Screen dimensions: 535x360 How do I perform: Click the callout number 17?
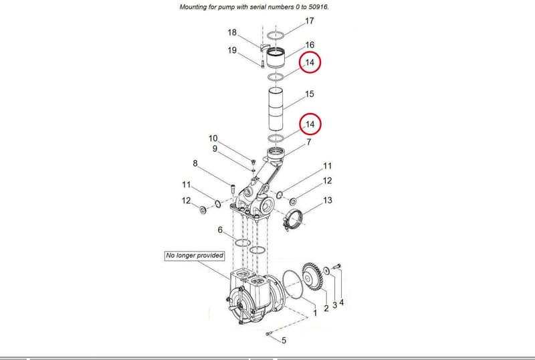pyautogui.click(x=309, y=21)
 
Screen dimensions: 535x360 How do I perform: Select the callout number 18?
pyautogui.click(x=232, y=32)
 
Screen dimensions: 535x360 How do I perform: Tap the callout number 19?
pyautogui.click(x=232, y=50)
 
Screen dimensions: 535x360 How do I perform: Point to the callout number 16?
pyautogui.click(x=310, y=45)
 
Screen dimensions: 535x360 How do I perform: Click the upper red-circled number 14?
pyautogui.click(x=310, y=62)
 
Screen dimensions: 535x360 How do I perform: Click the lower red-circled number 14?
pyautogui.click(x=310, y=124)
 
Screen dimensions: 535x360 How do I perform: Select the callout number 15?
pyautogui.click(x=309, y=94)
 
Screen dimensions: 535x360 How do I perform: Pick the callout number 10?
pyautogui.click(x=213, y=139)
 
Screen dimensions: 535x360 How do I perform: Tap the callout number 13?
pyautogui.click(x=327, y=200)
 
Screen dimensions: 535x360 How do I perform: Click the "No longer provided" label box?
pyautogui.click(x=195, y=256)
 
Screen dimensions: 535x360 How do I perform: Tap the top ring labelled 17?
pyautogui.click(x=276, y=35)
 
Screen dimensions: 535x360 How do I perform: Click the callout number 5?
pyautogui.click(x=284, y=341)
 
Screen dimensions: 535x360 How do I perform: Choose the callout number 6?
pyautogui.click(x=220, y=230)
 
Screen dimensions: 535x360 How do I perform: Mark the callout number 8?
pyautogui.click(x=195, y=163)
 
